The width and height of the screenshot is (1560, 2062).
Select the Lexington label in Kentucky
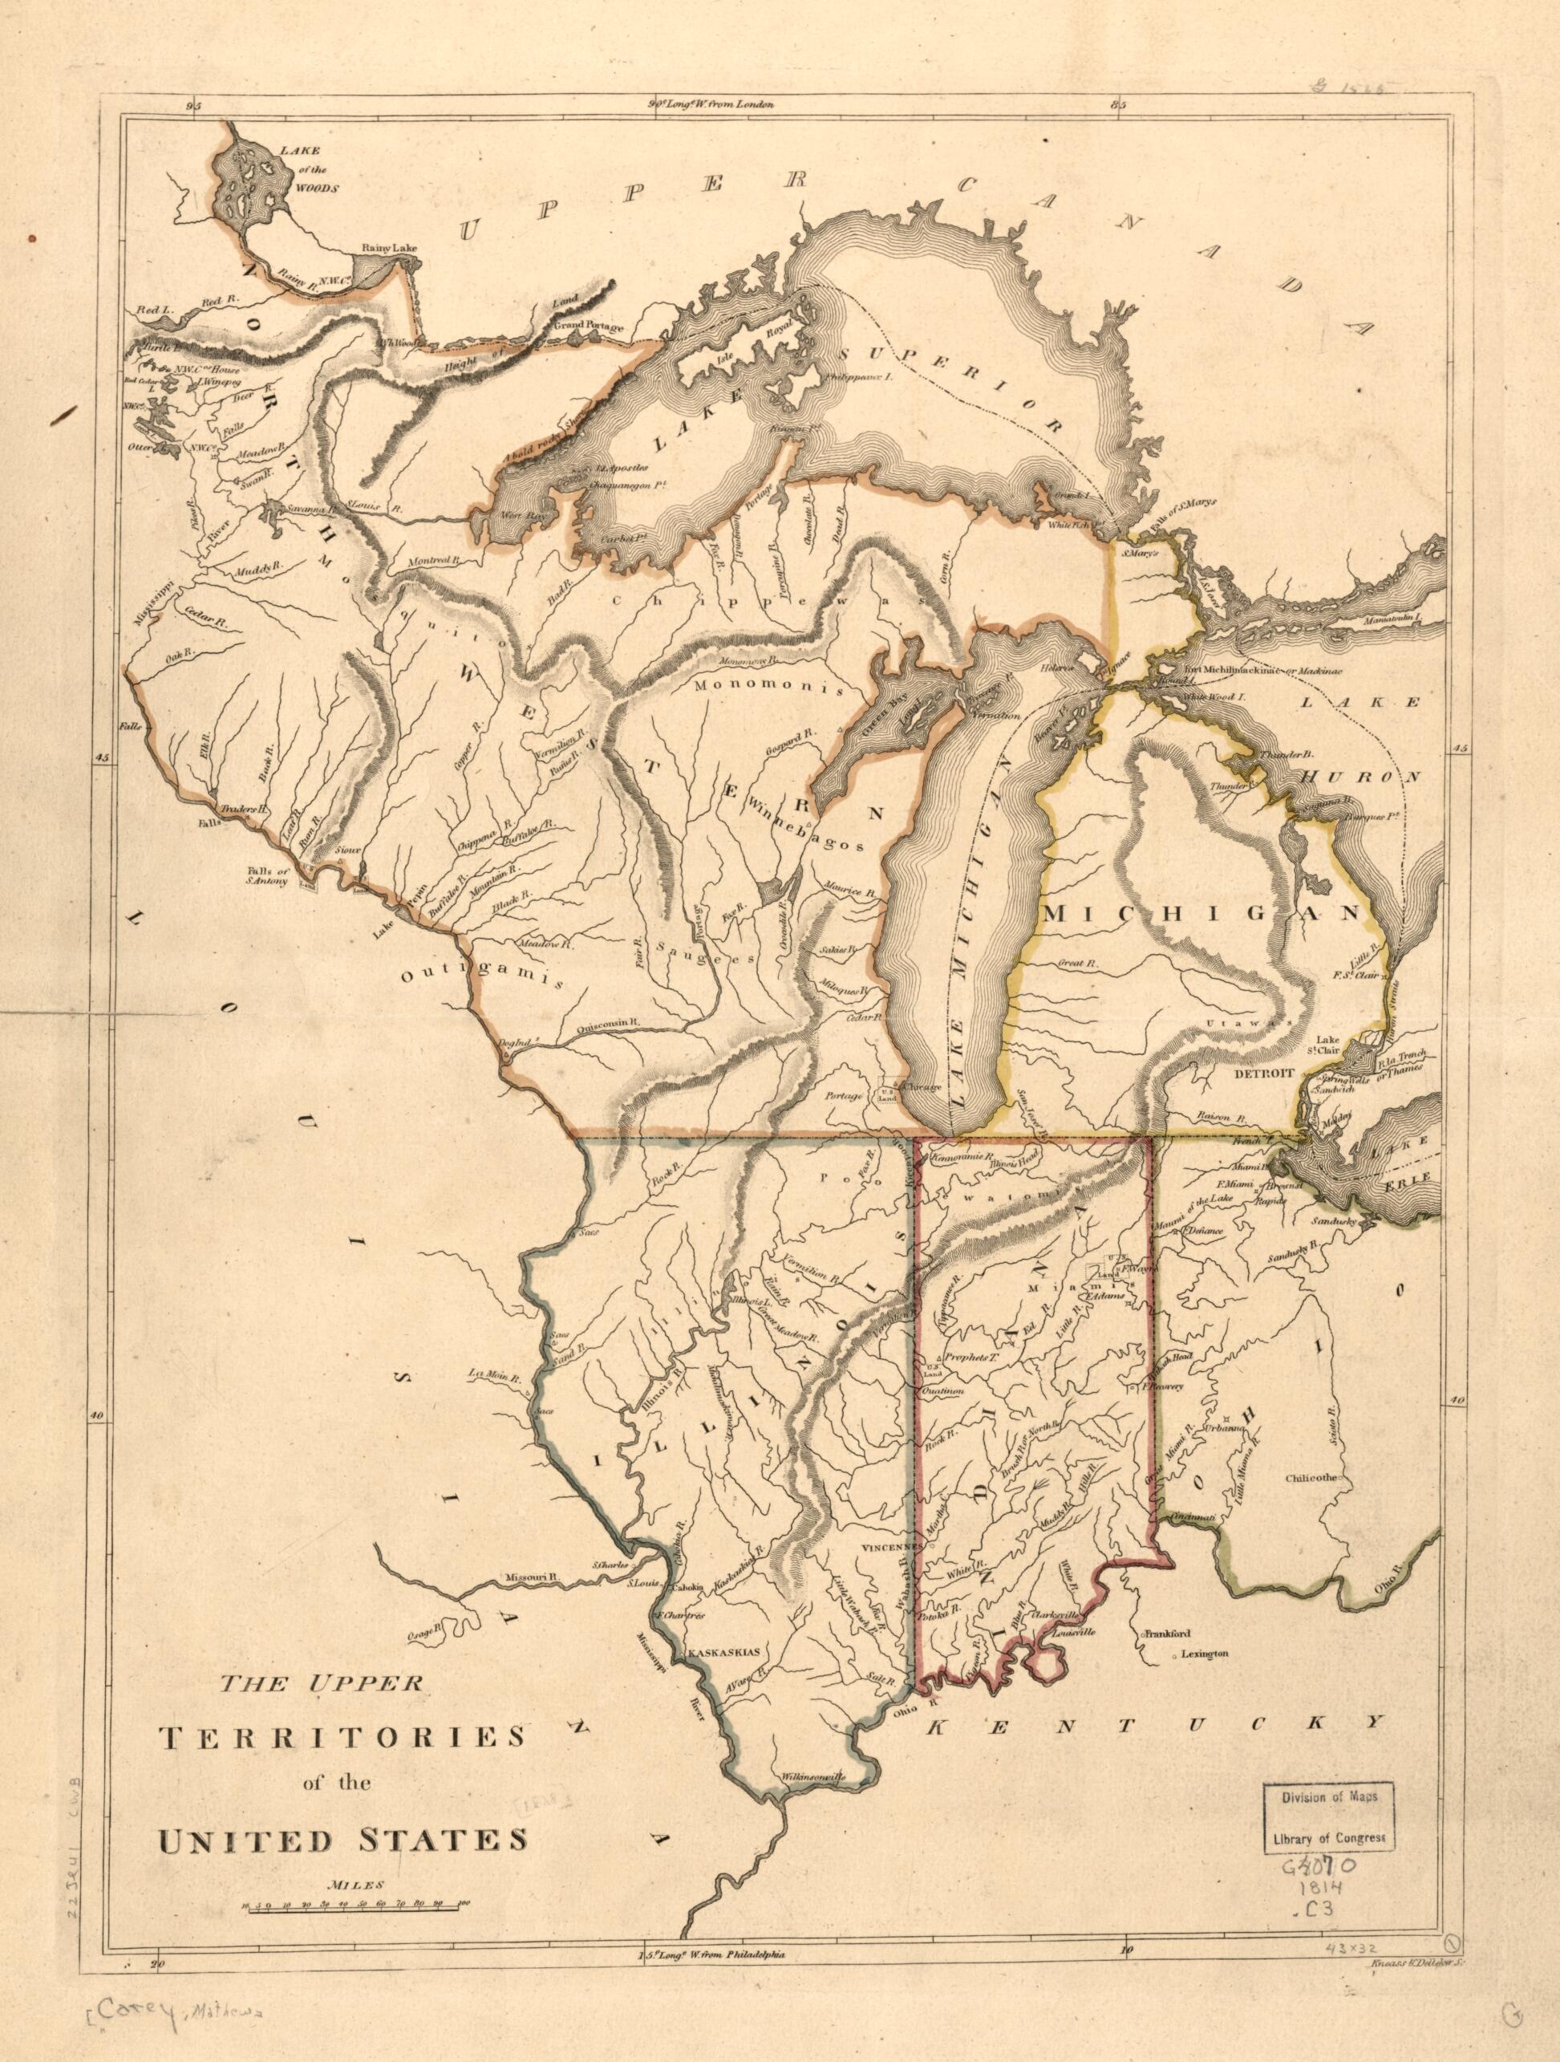[x=1207, y=1654]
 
